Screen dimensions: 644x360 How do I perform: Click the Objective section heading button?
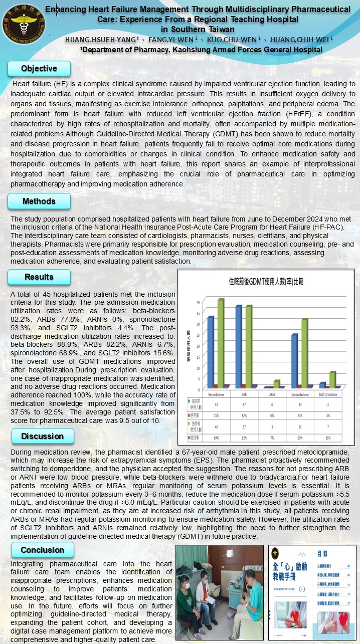[39, 68]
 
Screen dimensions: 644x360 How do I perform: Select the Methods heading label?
[39, 201]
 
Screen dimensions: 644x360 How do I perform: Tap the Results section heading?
[39, 277]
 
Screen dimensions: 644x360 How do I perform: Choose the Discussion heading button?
[42, 436]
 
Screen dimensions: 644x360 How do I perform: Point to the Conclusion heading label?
[42, 550]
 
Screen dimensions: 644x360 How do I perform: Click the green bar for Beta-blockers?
[221, 343]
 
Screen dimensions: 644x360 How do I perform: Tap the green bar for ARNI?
[277, 384]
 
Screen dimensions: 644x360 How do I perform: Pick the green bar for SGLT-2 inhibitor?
[332, 379]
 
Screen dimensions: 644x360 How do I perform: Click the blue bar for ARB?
[239, 346]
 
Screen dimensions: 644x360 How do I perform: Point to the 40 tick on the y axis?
[198, 302]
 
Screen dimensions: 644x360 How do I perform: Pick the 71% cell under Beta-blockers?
[216, 415]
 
